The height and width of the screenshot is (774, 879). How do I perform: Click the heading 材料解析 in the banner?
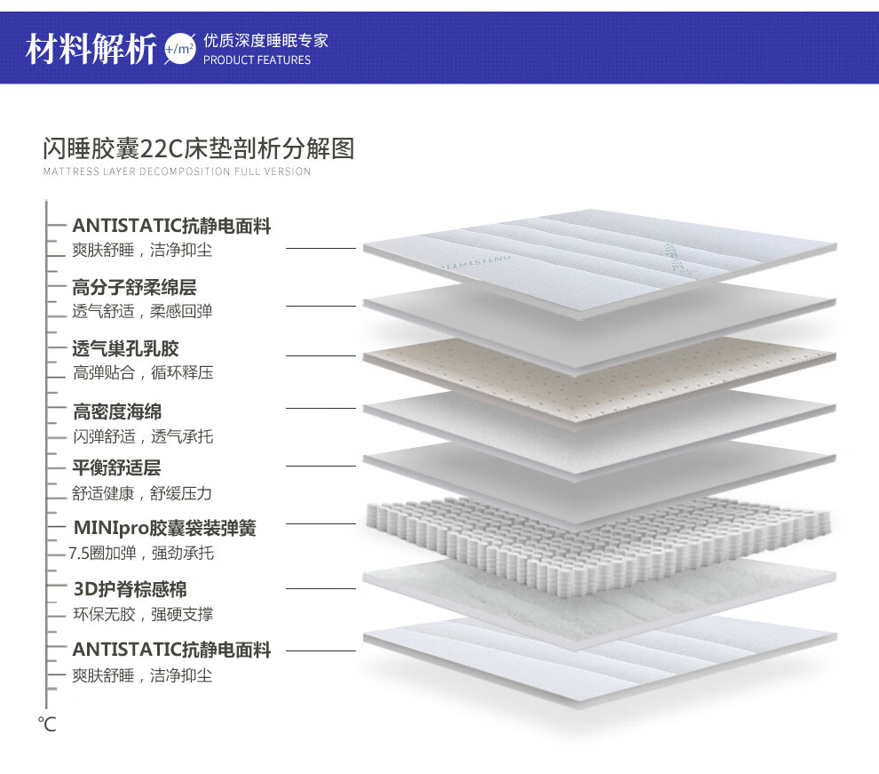91,47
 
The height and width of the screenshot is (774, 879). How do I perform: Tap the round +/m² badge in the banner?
179,48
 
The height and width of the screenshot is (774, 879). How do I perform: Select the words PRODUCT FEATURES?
257,60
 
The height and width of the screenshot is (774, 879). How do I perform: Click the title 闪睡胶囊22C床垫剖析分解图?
199,148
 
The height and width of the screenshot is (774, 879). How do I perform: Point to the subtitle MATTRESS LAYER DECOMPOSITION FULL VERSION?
177,172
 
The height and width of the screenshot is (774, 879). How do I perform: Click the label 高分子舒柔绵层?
134,287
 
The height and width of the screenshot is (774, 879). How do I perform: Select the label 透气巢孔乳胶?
125,348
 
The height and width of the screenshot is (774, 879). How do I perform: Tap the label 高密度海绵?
117,411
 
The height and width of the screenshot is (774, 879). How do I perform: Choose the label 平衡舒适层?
116,467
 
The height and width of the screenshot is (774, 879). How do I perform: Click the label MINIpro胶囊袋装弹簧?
164,528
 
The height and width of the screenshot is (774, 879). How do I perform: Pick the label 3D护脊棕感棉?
130,589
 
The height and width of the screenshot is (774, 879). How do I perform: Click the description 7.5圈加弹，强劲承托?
142,554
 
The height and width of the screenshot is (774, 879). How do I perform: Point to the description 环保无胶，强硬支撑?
143,614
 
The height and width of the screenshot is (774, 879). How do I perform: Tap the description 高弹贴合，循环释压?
143,373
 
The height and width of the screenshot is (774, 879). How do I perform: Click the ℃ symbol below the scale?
47,724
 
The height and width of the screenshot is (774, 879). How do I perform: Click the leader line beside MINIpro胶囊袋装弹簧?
321,524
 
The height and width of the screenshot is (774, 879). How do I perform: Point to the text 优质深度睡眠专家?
265,41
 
